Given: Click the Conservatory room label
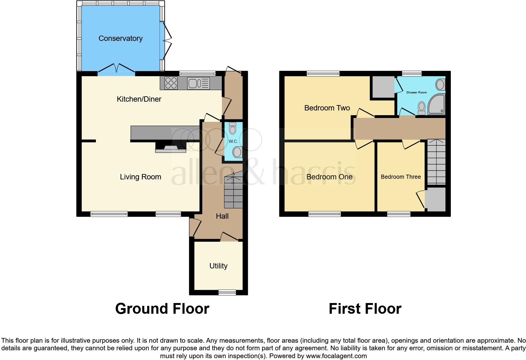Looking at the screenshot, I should [x=120, y=38].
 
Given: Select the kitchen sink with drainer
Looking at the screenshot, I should [x=199, y=83].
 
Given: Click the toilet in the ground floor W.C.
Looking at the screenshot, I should [x=232, y=128].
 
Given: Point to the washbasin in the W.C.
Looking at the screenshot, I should [x=237, y=153].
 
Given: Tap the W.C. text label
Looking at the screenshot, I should [x=233, y=141].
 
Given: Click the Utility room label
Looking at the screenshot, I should [x=218, y=266].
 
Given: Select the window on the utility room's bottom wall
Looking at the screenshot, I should [x=227, y=292].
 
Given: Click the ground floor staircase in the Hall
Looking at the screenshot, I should [x=233, y=192].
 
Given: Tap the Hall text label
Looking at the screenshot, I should [x=222, y=216].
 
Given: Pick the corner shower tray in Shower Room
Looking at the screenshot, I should [x=437, y=104].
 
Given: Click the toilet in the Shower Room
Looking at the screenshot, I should [x=421, y=108].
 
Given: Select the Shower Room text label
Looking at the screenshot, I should [x=416, y=93].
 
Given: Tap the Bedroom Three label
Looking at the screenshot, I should [x=400, y=177].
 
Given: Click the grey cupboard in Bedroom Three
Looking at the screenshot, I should [x=435, y=200].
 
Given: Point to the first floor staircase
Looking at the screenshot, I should [x=436, y=162].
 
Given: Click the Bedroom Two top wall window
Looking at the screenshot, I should [x=323, y=74].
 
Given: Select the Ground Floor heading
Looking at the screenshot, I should [x=162, y=309].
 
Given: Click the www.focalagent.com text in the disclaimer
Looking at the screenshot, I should [x=336, y=356].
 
